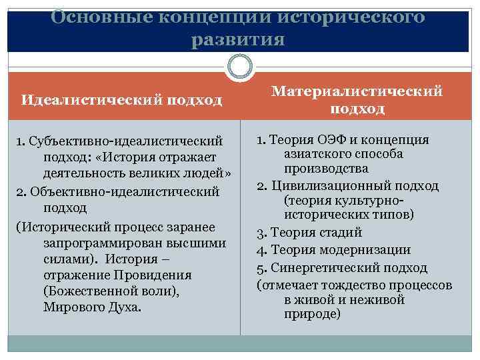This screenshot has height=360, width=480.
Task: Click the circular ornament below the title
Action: pos(240,67)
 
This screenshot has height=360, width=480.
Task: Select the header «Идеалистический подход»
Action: pos(121,100)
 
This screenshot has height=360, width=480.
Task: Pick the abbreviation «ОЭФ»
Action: pos(333,139)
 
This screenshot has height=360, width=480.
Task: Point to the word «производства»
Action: pos(326,169)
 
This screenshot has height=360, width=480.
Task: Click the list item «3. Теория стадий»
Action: pos(309,233)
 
